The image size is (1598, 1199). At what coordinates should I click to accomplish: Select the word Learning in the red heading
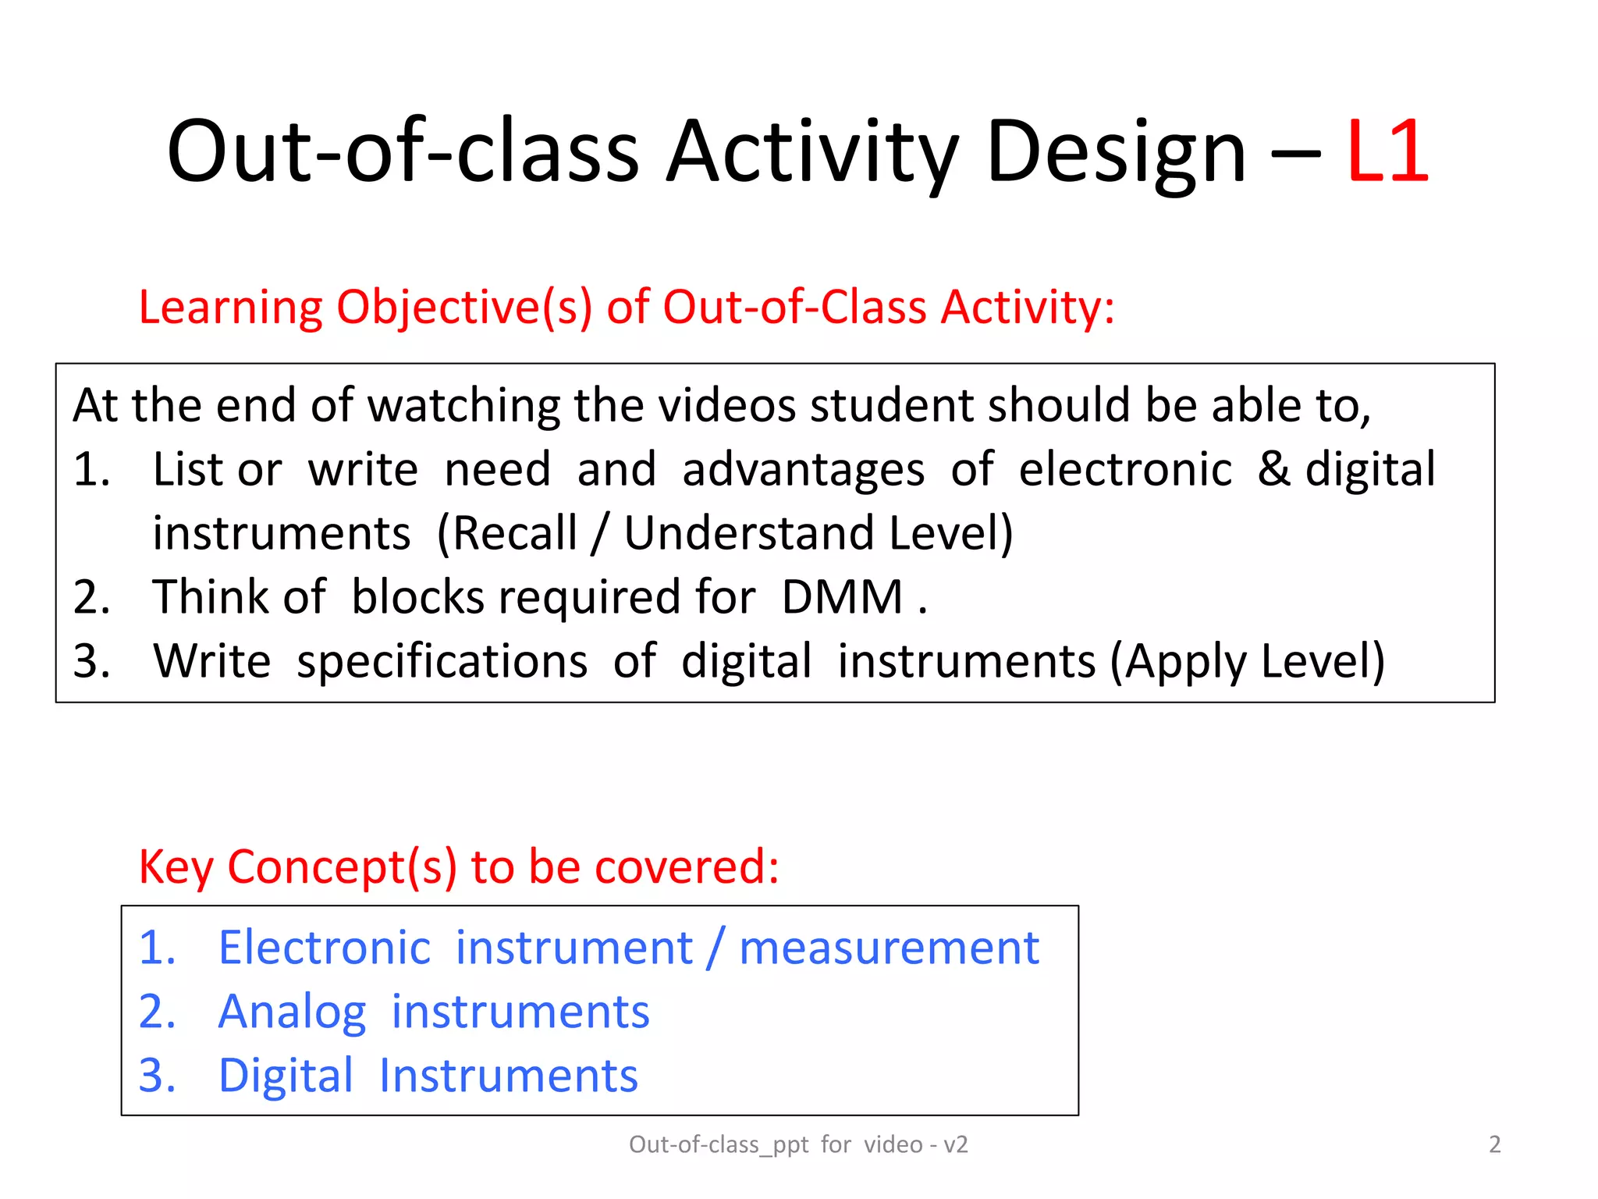[x=230, y=307]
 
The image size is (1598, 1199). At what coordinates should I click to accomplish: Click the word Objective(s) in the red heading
[x=464, y=307]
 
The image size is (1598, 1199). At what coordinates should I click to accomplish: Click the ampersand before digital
[x=1273, y=469]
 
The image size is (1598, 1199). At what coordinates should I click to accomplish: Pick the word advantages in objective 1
[x=803, y=469]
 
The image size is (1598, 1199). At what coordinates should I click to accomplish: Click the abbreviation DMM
[x=842, y=597]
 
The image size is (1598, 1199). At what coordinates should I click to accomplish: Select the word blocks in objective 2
[x=417, y=597]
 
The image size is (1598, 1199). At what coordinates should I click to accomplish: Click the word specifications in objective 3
[x=442, y=661]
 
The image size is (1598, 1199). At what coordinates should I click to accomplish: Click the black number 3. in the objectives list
[x=92, y=661]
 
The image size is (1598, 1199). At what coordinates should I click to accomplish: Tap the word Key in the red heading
[x=176, y=866]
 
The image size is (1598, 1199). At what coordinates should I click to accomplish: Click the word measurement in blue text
[x=889, y=948]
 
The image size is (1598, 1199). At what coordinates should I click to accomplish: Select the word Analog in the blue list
[x=292, y=1012]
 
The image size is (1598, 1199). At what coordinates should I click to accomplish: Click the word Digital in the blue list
[x=286, y=1076]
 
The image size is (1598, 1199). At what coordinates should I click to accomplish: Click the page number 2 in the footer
[x=1494, y=1144]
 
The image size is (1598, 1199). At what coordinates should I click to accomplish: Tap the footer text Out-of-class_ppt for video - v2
[x=798, y=1144]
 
